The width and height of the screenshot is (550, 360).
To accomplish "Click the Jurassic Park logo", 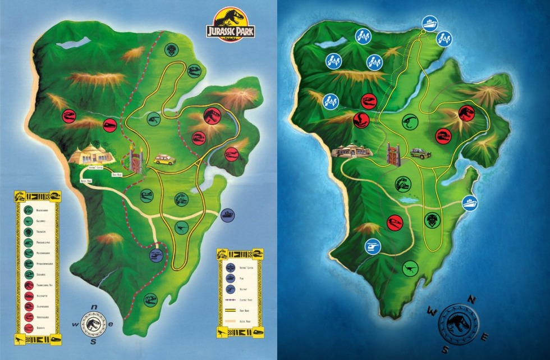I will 230,26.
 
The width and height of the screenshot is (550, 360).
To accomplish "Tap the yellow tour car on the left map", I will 165,160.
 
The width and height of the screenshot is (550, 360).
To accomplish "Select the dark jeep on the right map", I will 418,153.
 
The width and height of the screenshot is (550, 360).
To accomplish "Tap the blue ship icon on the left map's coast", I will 228,215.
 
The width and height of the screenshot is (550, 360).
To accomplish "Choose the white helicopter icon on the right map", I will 372,246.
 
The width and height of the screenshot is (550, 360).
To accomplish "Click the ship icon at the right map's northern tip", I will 429,22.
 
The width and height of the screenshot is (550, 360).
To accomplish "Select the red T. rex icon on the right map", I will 466,113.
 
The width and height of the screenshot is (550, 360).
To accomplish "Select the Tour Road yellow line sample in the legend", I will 230,310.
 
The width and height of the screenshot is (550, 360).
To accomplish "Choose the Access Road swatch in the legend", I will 230,322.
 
